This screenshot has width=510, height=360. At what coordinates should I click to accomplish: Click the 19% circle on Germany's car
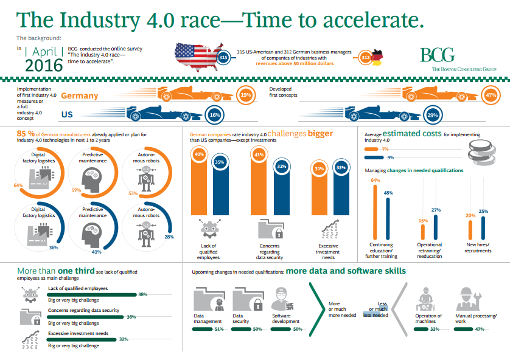tap(246, 95)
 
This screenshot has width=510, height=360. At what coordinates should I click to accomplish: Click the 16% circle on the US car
tap(214, 115)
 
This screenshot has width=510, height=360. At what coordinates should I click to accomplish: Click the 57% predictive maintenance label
tap(76, 190)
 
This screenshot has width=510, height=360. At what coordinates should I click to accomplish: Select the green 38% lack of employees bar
tap(91, 294)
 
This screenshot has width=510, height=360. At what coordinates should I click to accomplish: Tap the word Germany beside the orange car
tap(80, 96)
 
